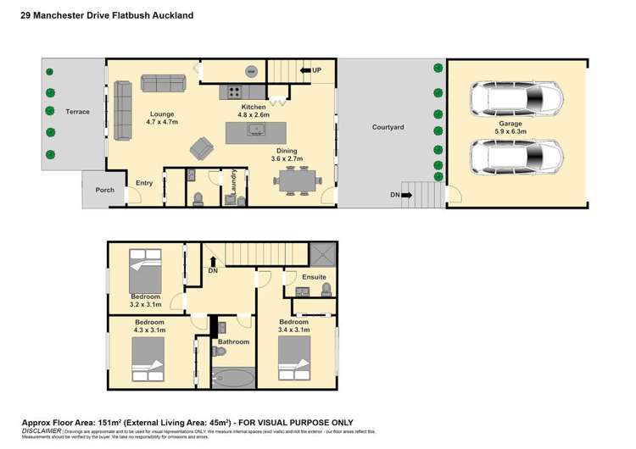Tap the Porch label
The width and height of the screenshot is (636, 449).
(104, 190)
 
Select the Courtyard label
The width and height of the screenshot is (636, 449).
(388, 127)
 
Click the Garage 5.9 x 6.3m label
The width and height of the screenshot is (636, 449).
(516, 127)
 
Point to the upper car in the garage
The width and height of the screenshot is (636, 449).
(516, 99)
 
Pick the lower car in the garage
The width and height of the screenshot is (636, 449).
(516, 156)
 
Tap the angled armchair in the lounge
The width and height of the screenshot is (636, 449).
(202, 149)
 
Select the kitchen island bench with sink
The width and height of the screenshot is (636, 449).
(255, 131)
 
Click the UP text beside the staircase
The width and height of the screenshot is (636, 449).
(316, 69)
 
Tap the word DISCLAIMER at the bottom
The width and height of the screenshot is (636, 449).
(40, 430)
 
